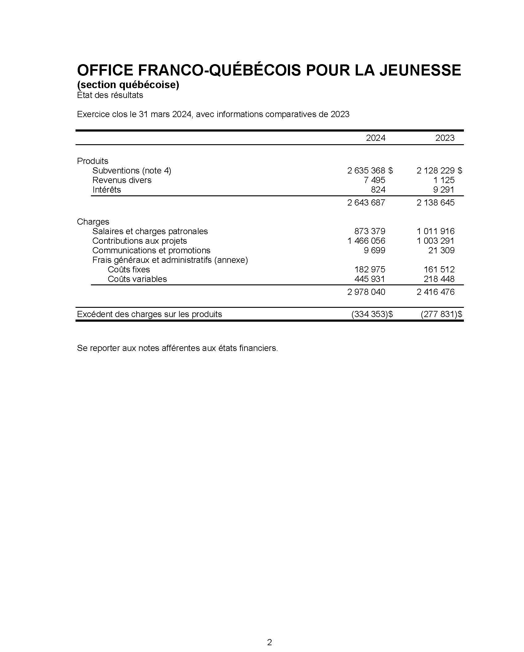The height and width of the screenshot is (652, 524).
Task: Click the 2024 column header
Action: (x=375, y=138)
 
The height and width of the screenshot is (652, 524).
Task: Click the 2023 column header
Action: (x=445, y=138)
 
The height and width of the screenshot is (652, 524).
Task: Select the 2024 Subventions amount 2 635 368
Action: (x=366, y=171)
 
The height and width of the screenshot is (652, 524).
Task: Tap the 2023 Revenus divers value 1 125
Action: (x=444, y=180)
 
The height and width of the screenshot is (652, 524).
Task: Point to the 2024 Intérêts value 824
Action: (x=378, y=190)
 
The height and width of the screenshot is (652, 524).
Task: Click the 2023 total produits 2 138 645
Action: (x=436, y=203)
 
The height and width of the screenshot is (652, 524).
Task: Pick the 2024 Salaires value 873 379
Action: (x=370, y=231)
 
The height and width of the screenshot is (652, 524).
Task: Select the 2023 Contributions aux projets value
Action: (x=436, y=241)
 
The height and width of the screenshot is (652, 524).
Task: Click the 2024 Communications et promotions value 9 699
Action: (x=375, y=251)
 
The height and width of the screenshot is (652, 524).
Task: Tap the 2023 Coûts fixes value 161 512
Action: (x=439, y=270)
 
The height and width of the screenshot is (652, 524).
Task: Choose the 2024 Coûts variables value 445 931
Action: (x=370, y=279)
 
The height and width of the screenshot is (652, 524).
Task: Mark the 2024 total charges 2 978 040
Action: (x=366, y=292)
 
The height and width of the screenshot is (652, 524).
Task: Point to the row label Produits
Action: (x=93, y=161)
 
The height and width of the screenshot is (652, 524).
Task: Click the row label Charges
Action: (x=93, y=222)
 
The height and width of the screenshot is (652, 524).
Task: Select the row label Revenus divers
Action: (x=122, y=180)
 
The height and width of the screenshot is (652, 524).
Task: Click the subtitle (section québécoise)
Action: (x=128, y=85)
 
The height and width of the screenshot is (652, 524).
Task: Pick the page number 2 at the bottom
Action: (x=269, y=634)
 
